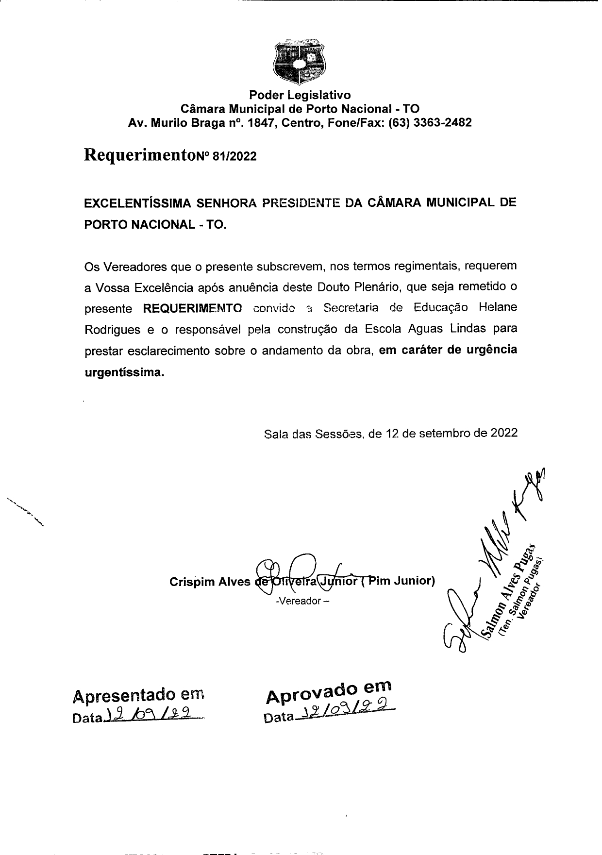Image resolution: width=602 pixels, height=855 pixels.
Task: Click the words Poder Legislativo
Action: click(300, 94)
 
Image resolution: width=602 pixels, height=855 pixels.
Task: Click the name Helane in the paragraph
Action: click(498, 307)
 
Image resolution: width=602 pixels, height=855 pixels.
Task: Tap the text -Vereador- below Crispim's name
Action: click(302, 601)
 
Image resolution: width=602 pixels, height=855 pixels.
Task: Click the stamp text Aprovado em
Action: click(329, 692)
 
